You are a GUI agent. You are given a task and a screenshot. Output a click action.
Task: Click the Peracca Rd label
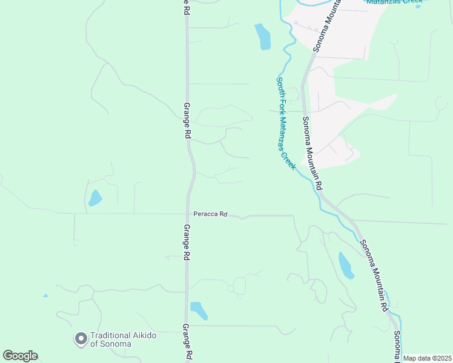[x=210, y=214]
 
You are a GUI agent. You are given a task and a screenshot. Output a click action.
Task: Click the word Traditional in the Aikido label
[x=111, y=336]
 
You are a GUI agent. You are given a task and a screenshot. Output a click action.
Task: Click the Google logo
[x=20, y=356]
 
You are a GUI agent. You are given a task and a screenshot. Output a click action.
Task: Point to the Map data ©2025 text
[x=427, y=358]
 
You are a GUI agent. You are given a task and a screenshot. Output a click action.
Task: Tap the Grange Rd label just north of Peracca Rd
[x=187, y=122]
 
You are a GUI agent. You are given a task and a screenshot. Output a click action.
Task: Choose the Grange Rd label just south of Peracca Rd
[x=187, y=242]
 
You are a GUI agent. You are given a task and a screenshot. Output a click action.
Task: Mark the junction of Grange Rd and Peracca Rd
[x=188, y=214]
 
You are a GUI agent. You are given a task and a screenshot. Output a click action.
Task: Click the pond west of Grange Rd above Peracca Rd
[x=95, y=198]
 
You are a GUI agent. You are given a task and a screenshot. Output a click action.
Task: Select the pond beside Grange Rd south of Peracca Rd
[x=199, y=310]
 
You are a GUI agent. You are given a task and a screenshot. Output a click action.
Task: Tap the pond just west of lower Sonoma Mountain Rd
[x=346, y=265]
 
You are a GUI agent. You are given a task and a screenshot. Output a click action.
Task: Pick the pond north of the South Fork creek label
[x=263, y=37]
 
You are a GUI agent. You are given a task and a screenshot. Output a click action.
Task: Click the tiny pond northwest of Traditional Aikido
[x=45, y=296]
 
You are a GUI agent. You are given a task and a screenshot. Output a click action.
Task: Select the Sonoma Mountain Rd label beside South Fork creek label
[x=312, y=151]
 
